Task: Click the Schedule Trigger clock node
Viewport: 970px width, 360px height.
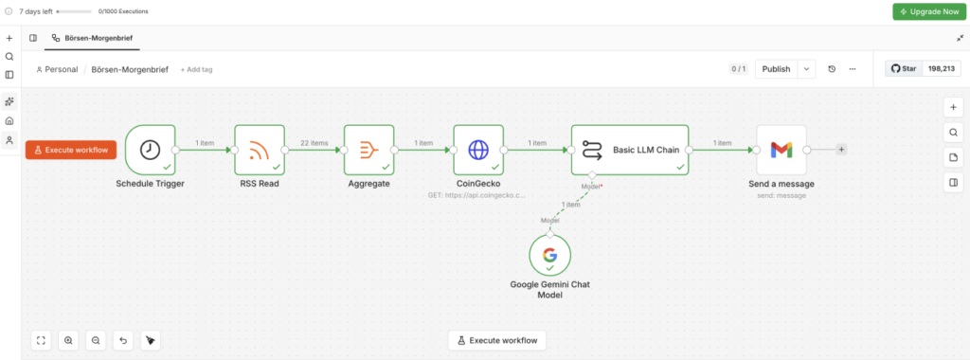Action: [x=151, y=150]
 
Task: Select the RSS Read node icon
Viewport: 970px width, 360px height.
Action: [x=260, y=150]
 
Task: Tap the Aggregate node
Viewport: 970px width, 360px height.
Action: [x=368, y=150]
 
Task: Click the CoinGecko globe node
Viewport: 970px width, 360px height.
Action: [x=478, y=150]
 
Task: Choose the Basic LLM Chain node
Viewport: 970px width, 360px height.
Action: [x=630, y=150]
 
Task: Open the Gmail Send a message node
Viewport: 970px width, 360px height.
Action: [x=781, y=150]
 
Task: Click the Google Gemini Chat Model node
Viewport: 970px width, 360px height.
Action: [x=550, y=256]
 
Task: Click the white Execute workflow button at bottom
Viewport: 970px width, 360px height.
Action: [x=496, y=340]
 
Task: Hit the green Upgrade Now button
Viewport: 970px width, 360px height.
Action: [x=929, y=11]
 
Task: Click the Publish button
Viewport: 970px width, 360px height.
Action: [x=776, y=69]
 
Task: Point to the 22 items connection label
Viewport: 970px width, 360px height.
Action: [x=314, y=143]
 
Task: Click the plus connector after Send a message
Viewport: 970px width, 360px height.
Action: [x=841, y=150]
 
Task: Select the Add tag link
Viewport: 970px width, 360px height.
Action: [x=196, y=69]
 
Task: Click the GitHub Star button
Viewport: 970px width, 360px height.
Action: [x=903, y=69]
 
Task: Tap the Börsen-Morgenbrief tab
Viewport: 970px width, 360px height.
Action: [x=92, y=38]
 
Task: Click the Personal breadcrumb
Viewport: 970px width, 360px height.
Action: [x=57, y=69]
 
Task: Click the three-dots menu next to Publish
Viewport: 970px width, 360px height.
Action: [x=853, y=69]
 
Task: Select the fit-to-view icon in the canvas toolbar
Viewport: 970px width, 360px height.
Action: [x=41, y=340]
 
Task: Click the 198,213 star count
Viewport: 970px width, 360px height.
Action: [x=942, y=69]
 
